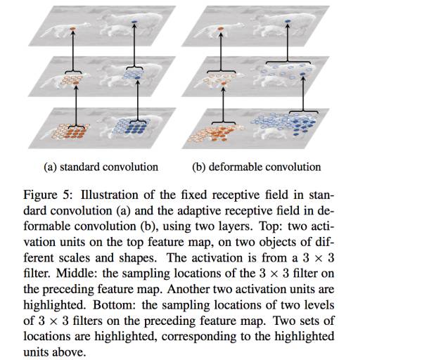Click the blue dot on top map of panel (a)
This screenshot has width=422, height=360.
[135, 24]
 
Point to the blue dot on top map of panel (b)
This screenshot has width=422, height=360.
[287, 24]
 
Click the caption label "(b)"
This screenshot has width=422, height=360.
[199, 167]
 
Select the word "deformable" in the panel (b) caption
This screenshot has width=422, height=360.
[236, 167]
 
